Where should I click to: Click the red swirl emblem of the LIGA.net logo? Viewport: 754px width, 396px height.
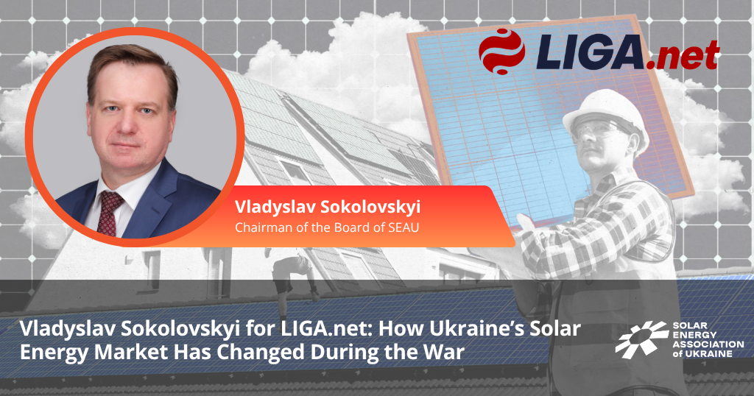click(x=502, y=52)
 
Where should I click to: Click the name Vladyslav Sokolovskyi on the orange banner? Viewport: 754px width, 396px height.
click(x=328, y=207)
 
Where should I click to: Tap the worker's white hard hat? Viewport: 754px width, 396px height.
click(x=605, y=114)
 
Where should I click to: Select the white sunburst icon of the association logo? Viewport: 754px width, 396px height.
click(x=641, y=340)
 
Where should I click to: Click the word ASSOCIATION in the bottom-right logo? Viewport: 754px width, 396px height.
click(x=708, y=344)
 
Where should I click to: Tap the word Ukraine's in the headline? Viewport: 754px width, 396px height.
click(x=476, y=330)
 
